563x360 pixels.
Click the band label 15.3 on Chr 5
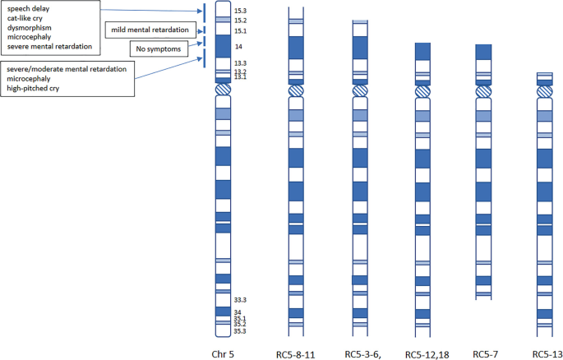pyautogui.click(x=240, y=12)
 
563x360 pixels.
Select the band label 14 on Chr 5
pyautogui.click(x=238, y=48)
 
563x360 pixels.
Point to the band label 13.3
pyautogui.click(x=240, y=63)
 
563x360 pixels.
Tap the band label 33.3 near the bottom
pyautogui.click(x=240, y=301)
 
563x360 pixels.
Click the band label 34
pyautogui.click(x=238, y=312)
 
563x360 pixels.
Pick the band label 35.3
pyautogui.click(x=240, y=331)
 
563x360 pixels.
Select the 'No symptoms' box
pyautogui.click(x=159, y=48)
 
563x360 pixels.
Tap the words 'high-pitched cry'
pyautogui.click(x=35, y=88)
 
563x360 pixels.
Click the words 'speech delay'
pyautogui.click(x=30, y=7)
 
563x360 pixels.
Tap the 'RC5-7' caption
pyautogui.click(x=486, y=354)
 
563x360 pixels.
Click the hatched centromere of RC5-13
pyautogui.click(x=544, y=91)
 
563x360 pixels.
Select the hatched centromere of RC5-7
pyautogui.click(x=483, y=91)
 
